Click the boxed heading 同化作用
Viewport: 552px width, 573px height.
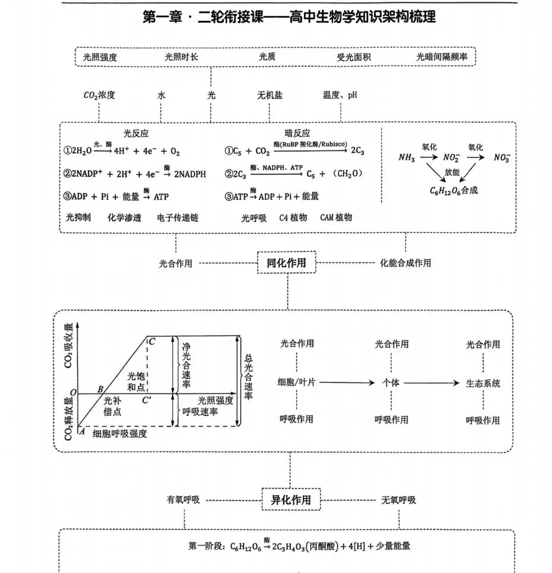(287, 262)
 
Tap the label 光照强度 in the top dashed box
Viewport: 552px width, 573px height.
(100, 58)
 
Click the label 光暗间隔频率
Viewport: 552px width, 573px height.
(442, 58)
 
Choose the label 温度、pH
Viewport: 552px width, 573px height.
(340, 95)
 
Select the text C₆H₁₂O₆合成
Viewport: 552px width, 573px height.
(454, 191)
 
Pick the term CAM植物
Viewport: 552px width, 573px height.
(336, 218)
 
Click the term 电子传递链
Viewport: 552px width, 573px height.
(177, 218)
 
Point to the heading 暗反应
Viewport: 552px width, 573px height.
(297, 133)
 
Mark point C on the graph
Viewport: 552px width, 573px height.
(152, 342)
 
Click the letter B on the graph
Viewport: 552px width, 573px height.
(101, 388)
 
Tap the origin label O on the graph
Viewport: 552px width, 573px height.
(72, 393)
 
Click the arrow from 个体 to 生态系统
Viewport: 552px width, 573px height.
(432, 383)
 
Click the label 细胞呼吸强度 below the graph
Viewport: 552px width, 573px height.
(120, 434)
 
